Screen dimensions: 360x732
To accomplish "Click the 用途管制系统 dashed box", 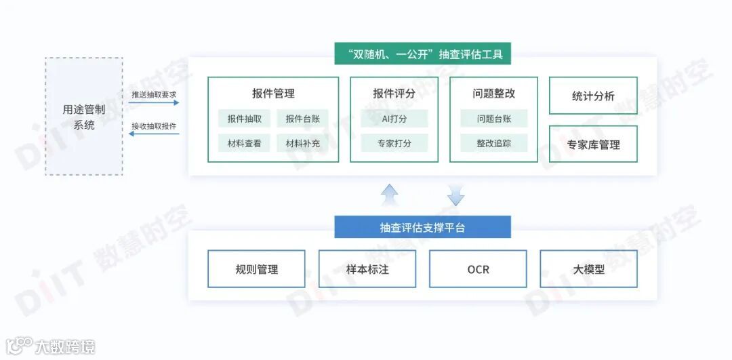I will tap(84, 116).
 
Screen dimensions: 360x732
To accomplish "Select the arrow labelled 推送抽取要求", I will tap(155, 103).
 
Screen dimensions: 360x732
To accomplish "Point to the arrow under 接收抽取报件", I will tap(155, 134).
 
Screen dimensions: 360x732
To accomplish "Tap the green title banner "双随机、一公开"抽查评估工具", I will tap(422, 54).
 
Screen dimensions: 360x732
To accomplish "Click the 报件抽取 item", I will tap(245, 119).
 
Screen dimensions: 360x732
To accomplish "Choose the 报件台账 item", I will tap(302, 119).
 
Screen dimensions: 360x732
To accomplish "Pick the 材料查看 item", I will tap(245, 143).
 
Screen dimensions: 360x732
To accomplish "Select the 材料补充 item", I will tap(302, 143).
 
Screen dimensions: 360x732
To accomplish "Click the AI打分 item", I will tap(394, 119).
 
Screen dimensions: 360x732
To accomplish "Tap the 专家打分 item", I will tap(394, 143).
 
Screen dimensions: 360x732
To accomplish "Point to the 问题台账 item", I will tap(493, 119).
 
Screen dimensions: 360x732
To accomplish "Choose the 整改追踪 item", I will tap(493, 143).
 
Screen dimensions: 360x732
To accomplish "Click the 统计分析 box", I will tap(593, 96).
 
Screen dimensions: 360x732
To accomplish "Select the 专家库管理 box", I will tap(593, 144).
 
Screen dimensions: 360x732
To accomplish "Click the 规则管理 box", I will tap(257, 269).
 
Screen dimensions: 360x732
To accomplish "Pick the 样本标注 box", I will tap(367, 269).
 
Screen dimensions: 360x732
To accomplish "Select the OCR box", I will tap(478, 269).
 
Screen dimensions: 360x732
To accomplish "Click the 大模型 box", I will tap(588, 269).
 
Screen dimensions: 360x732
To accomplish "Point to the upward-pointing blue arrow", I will tap(390, 195).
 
